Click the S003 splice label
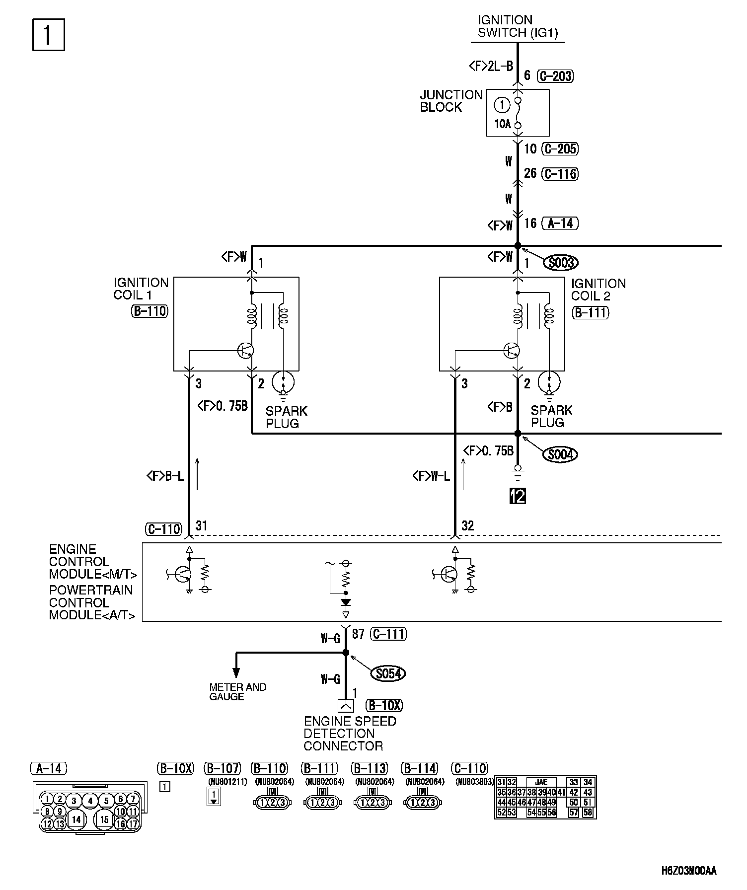(561, 262)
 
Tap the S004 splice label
(560, 454)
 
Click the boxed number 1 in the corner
(48, 35)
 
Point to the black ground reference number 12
(518, 496)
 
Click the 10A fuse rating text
(502, 124)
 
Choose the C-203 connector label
(556, 75)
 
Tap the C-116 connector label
(560, 174)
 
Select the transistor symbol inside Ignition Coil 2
(512, 350)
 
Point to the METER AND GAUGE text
(237, 691)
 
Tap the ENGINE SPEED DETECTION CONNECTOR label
(349, 734)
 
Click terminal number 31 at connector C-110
(201, 525)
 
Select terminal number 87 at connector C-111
(358, 634)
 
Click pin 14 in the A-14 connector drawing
(75, 819)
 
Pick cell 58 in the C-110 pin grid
(588, 813)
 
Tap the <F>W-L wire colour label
(431, 477)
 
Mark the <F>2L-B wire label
(491, 66)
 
